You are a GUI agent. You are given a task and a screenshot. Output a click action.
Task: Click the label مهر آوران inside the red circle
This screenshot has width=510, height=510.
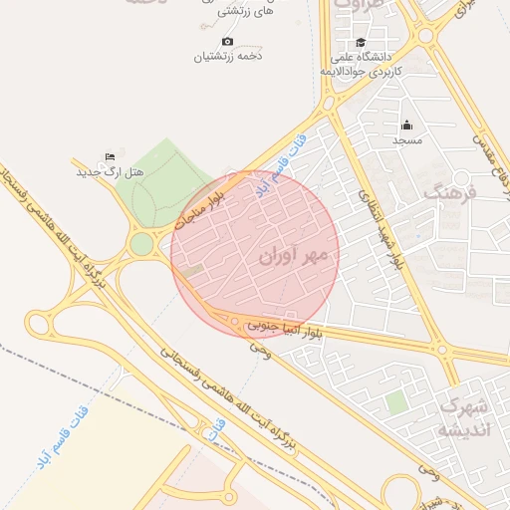[299, 256]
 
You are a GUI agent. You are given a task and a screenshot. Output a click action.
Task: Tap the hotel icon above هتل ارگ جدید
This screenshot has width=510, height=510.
[111, 157]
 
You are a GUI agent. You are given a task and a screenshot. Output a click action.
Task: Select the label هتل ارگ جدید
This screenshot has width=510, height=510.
[111, 172]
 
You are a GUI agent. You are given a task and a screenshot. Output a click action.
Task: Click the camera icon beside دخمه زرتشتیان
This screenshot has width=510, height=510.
[227, 41]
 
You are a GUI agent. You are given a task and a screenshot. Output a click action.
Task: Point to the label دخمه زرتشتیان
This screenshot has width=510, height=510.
[227, 56]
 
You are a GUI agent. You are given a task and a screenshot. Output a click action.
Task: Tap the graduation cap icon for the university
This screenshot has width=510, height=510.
[361, 43]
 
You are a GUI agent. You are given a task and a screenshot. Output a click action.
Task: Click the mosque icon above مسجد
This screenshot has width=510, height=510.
[406, 126]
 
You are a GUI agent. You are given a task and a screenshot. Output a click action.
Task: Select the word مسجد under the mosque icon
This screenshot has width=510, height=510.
[406, 140]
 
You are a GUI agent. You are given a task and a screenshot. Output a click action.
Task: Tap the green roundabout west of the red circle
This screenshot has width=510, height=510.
[141, 243]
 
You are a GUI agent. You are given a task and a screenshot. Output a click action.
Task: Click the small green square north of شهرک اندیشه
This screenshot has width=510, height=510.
[396, 402]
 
